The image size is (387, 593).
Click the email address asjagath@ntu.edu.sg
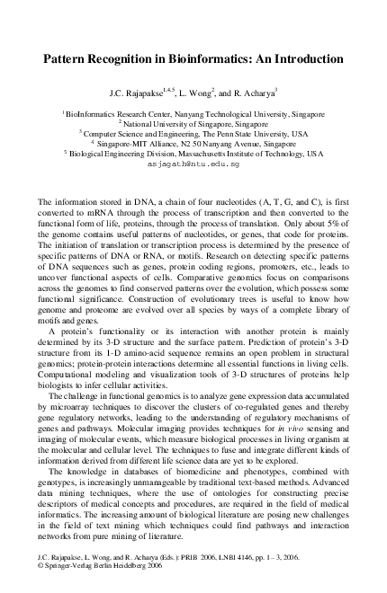point(193,165)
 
